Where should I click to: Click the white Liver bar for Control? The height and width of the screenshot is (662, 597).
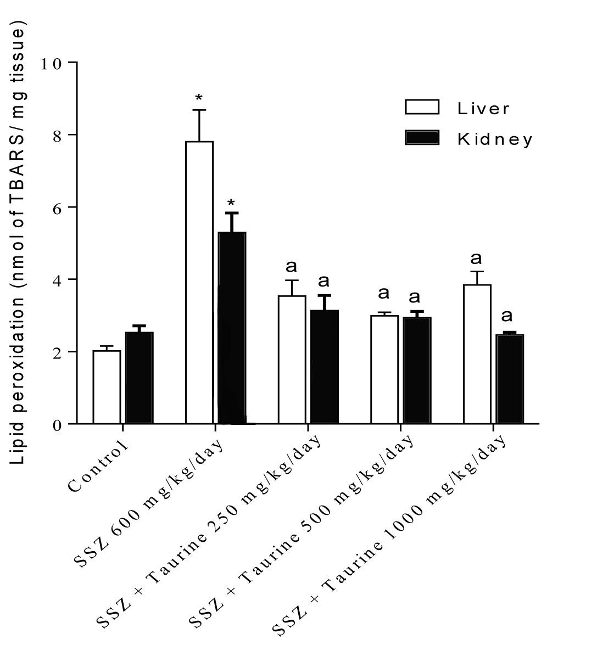pyautogui.click(x=107, y=387)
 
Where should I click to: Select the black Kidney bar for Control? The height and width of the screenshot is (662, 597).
pyautogui.click(x=139, y=378)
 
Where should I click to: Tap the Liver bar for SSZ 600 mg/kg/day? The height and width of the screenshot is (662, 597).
pyautogui.click(x=199, y=283)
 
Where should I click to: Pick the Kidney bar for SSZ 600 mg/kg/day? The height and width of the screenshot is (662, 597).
pyautogui.click(x=232, y=328)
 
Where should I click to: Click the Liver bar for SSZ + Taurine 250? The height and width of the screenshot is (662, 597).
pyautogui.click(x=292, y=360)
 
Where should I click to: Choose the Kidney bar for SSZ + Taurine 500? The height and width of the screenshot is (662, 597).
pyautogui.click(x=417, y=371)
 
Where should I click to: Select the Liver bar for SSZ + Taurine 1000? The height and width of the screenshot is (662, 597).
pyautogui.click(x=477, y=354)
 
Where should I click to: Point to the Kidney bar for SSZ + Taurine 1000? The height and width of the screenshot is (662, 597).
pyautogui.click(x=510, y=379)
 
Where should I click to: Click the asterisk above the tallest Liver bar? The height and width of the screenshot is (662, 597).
pyautogui.click(x=199, y=99)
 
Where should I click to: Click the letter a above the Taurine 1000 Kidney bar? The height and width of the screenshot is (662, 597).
pyautogui.click(x=507, y=316)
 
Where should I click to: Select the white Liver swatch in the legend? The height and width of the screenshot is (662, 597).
pyautogui.click(x=422, y=106)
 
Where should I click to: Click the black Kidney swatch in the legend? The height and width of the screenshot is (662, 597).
pyautogui.click(x=422, y=138)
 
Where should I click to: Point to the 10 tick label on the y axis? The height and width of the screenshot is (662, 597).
pyautogui.click(x=52, y=63)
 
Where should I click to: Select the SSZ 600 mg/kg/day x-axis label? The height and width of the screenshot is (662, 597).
pyautogui.click(x=149, y=503)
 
